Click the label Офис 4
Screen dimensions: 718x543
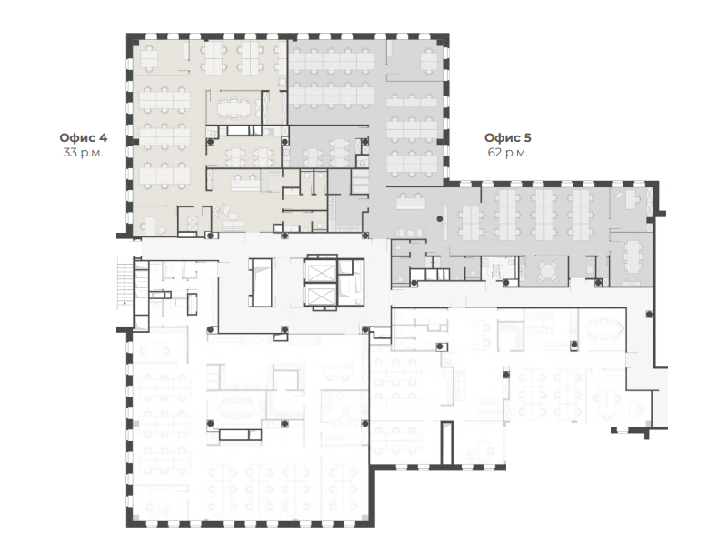click(x=84, y=137)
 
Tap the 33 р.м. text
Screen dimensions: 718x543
click(x=83, y=152)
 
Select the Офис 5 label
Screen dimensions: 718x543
click(x=508, y=137)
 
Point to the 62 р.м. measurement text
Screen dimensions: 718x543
click(x=508, y=152)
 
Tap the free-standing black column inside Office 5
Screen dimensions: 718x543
click(x=440, y=219)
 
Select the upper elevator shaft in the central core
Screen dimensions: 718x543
click(x=321, y=272)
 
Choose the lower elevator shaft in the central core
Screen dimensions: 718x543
click(x=321, y=295)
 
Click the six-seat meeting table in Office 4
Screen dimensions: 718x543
click(x=234, y=108)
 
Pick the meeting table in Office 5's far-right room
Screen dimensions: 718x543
click(x=633, y=260)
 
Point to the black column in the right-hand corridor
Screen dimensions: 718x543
click(x=649, y=314)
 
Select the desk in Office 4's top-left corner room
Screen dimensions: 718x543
click(x=149, y=58)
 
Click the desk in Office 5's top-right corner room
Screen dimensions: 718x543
click(x=429, y=60)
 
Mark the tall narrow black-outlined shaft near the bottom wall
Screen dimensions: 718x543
click(x=447, y=443)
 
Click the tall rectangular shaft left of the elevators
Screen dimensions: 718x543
click(x=261, y=282)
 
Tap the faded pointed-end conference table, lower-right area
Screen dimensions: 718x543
click(x=606, y=327)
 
